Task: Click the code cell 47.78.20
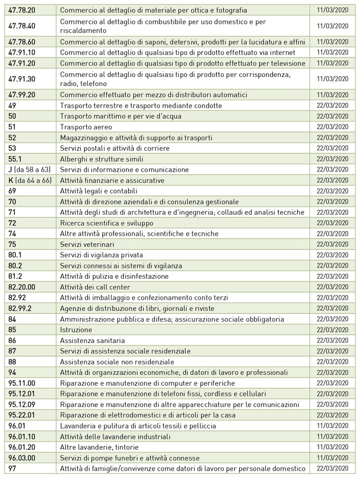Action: coord(22,10)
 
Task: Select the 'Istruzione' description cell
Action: coord(76,330)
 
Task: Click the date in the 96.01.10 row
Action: coord(333,436)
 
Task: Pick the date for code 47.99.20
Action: coord(333,95)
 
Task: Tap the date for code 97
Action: coord(333,468)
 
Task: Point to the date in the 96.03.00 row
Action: coord(333,457)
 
